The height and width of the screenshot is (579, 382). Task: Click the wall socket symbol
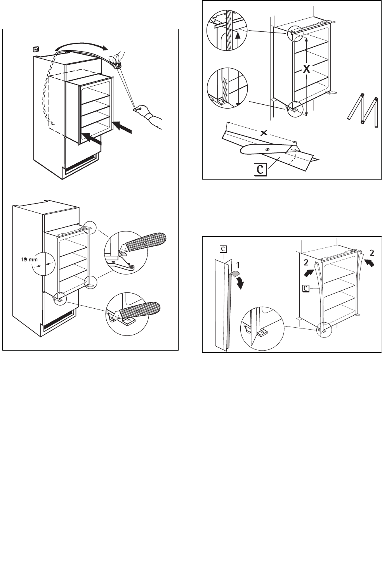click(36, 49)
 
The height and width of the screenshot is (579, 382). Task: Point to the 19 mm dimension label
click(29, 259)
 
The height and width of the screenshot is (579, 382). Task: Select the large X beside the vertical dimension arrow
click(307, 69)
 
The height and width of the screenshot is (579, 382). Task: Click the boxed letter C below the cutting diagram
click(260, 169)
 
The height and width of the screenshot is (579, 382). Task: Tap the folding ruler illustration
click(362, 110)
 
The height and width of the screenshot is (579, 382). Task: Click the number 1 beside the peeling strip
click(238, 266)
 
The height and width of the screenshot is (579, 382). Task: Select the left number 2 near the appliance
click(306, 263)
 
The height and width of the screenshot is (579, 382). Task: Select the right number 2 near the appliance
click(372, 253)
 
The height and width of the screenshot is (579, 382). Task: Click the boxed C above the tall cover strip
click(223, 249)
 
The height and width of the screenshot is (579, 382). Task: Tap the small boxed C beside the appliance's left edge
click(306, 288)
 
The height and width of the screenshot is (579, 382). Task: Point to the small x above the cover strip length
click(264, 133)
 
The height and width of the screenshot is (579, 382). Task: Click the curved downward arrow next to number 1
click(240, 283)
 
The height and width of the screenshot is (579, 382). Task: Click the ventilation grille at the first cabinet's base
click(80, 163)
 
